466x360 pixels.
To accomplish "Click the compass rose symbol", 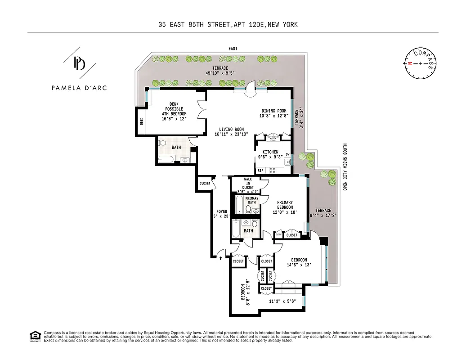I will (x=421, y=63).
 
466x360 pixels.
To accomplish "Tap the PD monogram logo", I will (x=79, y=63).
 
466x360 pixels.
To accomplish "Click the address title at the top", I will (x=228, y=25).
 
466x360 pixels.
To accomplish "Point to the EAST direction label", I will (x=233, y=49).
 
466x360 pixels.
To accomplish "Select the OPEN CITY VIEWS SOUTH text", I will (x=345, y=166).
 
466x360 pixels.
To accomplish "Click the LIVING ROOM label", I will (x=229, y=131).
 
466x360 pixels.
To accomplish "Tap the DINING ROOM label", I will (x=274, y=113).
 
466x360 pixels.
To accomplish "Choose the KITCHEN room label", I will (x=271, y=154).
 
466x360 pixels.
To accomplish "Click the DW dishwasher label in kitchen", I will (x=287, y=155).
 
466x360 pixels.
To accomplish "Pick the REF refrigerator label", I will (x=260, y=171).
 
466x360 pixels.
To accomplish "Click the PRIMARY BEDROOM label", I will (x=285, y=205).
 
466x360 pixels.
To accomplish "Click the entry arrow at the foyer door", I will (x=220, y=258).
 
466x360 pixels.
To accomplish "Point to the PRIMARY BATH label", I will (x=252, y=200).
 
